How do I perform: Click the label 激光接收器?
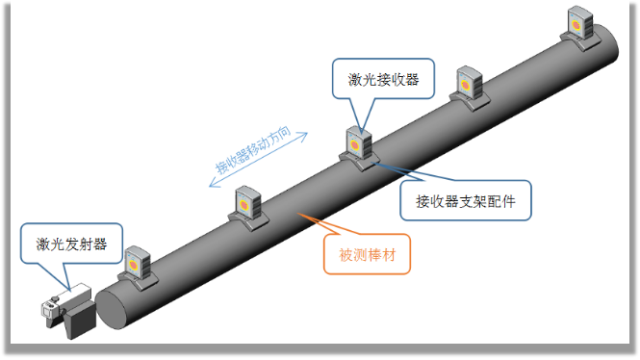pos(383,79)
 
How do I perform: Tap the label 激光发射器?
pos(71,244)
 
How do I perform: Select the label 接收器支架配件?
pos(465,201)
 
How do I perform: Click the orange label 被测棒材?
pos(368,255)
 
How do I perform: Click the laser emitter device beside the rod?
pos(68,311)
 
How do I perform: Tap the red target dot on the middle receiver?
pos(355,145)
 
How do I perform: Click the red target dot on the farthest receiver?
pos(576,25)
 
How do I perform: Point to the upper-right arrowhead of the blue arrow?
pos(304,136)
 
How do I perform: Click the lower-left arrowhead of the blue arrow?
pos(213,183)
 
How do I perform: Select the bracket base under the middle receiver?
pos(360,161)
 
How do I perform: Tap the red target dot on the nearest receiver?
pos(133,265)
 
